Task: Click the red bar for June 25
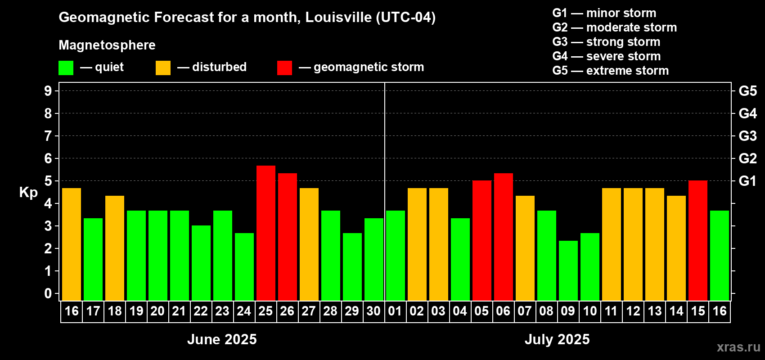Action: click(265, 233)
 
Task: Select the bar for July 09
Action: click(568, 270)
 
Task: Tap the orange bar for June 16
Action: click(71, 244)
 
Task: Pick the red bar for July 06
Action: click(503, 237)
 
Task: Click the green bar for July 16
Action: click(719, 256)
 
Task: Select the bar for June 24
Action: click(244, 267)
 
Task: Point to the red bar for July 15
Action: click(697, 241)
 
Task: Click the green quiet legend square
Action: click(66, 68)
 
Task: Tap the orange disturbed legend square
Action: click(163, 68)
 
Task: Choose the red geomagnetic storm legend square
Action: click(284, 68)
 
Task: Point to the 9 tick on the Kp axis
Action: click(48, 91)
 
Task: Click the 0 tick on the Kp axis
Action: click(48, 294)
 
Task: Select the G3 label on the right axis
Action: click(747, 136)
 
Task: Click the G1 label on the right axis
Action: click(747, 181)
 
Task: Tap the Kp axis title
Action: click(28, 193)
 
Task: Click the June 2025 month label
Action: click(222, 339)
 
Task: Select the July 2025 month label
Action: click(557, 339)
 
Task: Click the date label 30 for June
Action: click(373, 311)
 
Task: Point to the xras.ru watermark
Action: click(738, 347)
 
